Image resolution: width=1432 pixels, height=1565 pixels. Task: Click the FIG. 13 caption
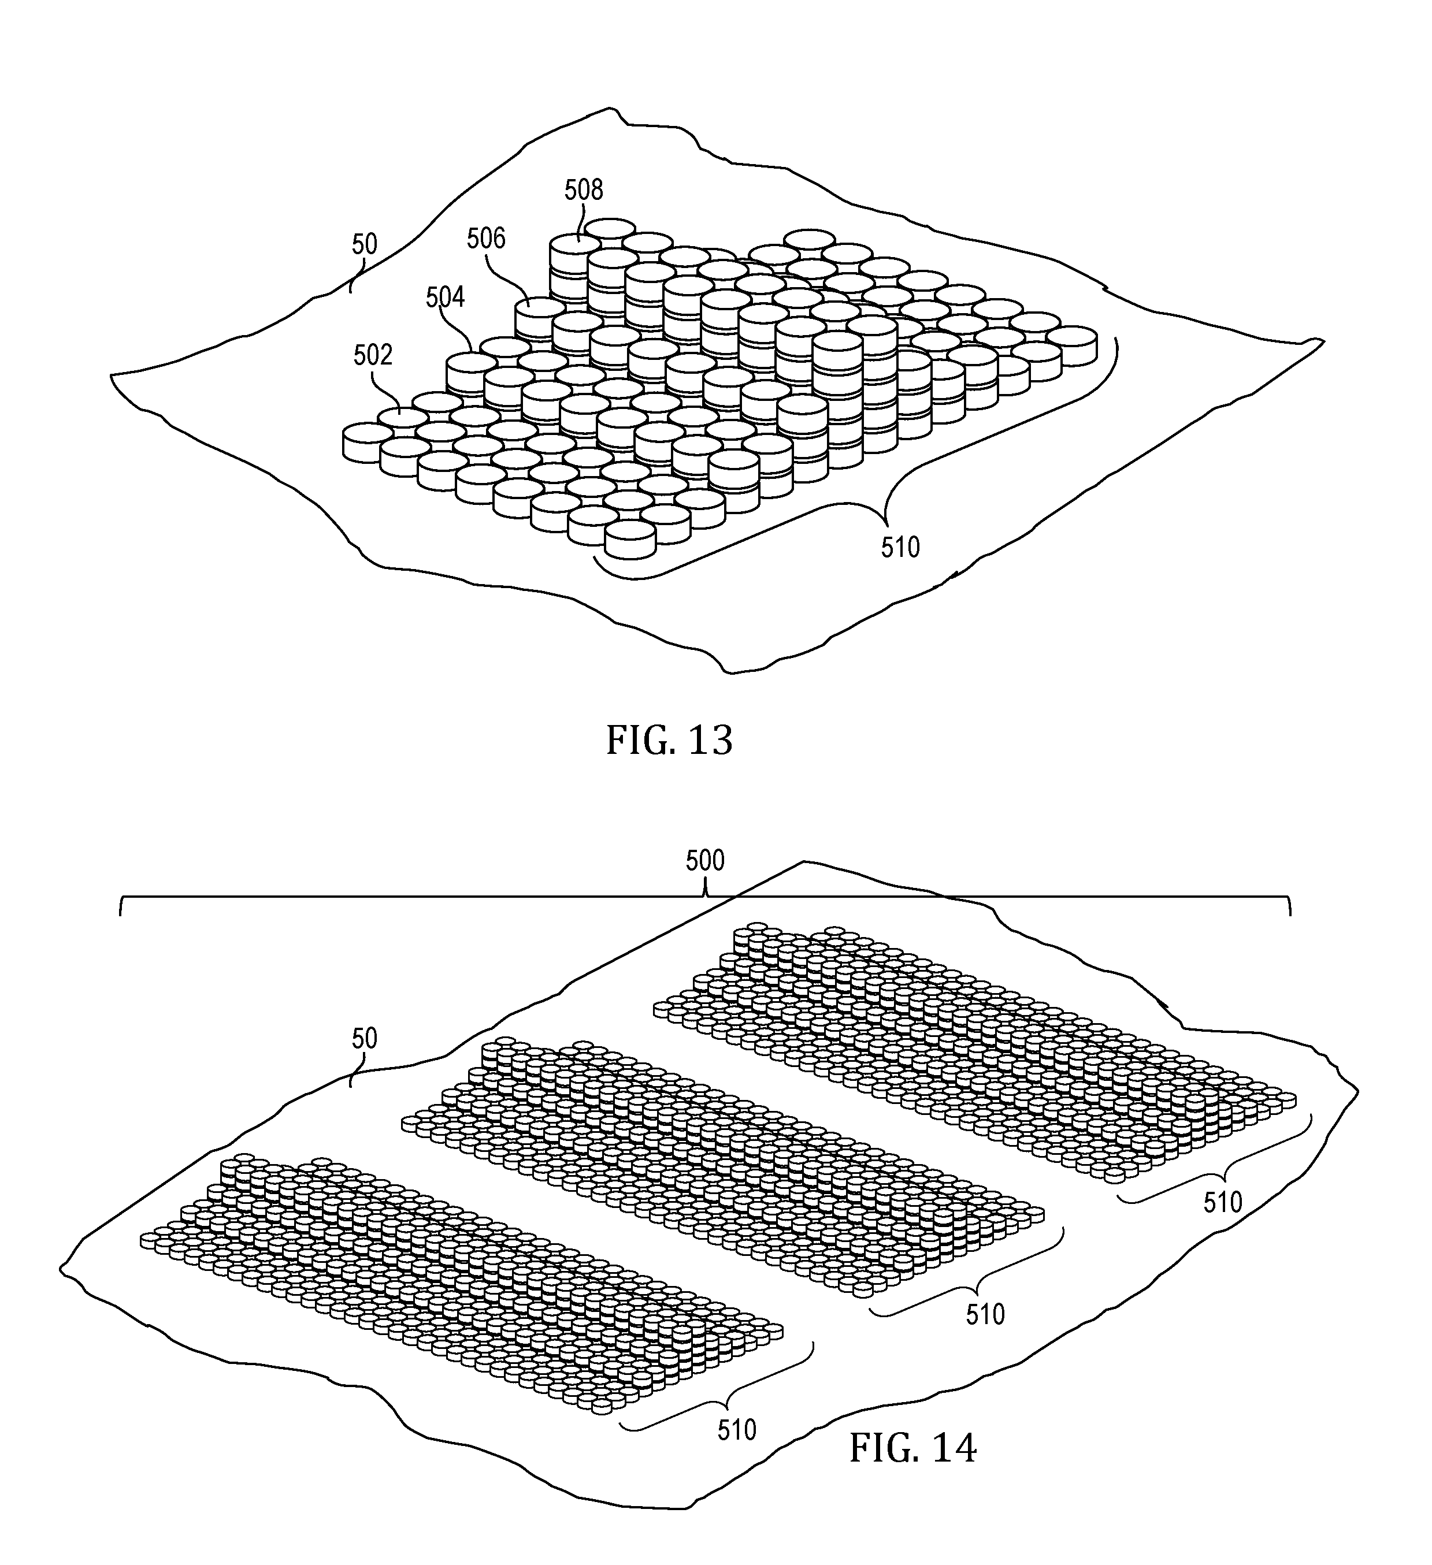click(x=669, y=741)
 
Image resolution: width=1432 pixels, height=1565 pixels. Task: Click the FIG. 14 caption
click(x=912, y=1448)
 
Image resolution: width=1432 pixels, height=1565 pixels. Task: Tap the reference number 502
click(x=373, y=355)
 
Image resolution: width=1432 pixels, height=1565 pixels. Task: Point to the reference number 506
click(x=486, y=239)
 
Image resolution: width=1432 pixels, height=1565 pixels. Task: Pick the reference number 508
click(x=583, y=189)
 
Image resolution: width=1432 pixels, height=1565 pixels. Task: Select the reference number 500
click(x=705, y=861)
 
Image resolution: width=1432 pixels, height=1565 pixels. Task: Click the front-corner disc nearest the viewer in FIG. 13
click(x=630, y=540)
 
